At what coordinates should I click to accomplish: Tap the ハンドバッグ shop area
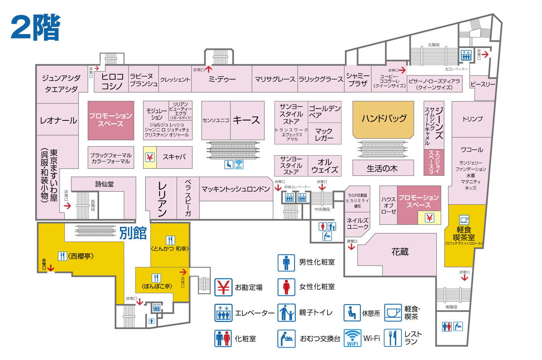[x=384, y=118]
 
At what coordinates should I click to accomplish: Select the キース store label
[x=246, y=120]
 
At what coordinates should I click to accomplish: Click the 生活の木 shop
[x=382, y=168]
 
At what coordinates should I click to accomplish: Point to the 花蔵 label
[x=400, y=252]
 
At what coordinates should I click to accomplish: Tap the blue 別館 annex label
[x=133, y=233]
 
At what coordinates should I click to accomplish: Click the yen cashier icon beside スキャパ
[x=150, y=157]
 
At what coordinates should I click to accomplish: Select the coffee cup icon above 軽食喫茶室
[x=464, y=220]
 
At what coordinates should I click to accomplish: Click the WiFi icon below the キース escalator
[x=239, y=165]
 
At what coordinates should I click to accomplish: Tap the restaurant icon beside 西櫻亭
[x=62, y=256]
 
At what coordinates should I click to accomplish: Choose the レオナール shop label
[x=58, y=120]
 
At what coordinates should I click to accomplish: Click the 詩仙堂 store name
[x=105, y=184]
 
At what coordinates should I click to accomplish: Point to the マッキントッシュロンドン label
[x=235, y=189]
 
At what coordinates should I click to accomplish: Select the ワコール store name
[x=472, y=150]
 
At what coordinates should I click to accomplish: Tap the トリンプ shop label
[x=472, y=119]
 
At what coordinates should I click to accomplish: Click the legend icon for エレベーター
[x=223, y=313]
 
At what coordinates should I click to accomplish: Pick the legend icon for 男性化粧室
[x=286, y=262]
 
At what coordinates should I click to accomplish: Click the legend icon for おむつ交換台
[x=286, y=338]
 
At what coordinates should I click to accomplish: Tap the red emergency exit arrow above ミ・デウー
[x=209, y=69]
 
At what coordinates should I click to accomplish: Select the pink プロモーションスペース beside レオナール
[x=111, y=120]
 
